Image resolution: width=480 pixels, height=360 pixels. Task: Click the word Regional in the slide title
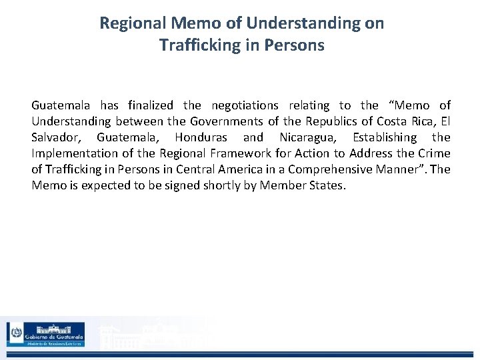coord(131,23)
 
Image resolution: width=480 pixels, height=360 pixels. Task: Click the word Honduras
coord(200,137)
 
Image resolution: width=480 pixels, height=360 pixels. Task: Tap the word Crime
coord(434,153)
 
